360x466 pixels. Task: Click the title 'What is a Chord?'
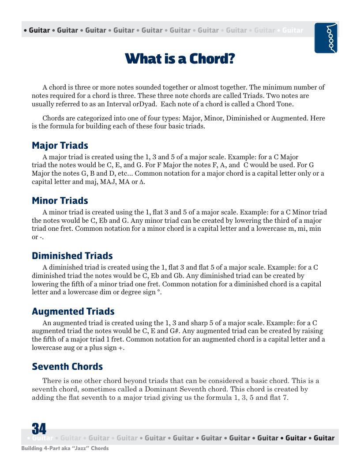tap(180, 59)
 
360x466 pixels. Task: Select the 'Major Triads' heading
tap(60, 146)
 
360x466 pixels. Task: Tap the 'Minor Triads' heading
tap(60, 201)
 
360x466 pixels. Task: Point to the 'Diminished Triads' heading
tap(72, 256)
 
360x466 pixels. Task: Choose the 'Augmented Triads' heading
tap(73, 312)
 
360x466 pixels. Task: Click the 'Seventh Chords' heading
tap(67, 367)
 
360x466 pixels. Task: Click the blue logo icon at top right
tap(326, 38)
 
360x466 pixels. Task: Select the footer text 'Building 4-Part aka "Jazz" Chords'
tap(65, 448)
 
